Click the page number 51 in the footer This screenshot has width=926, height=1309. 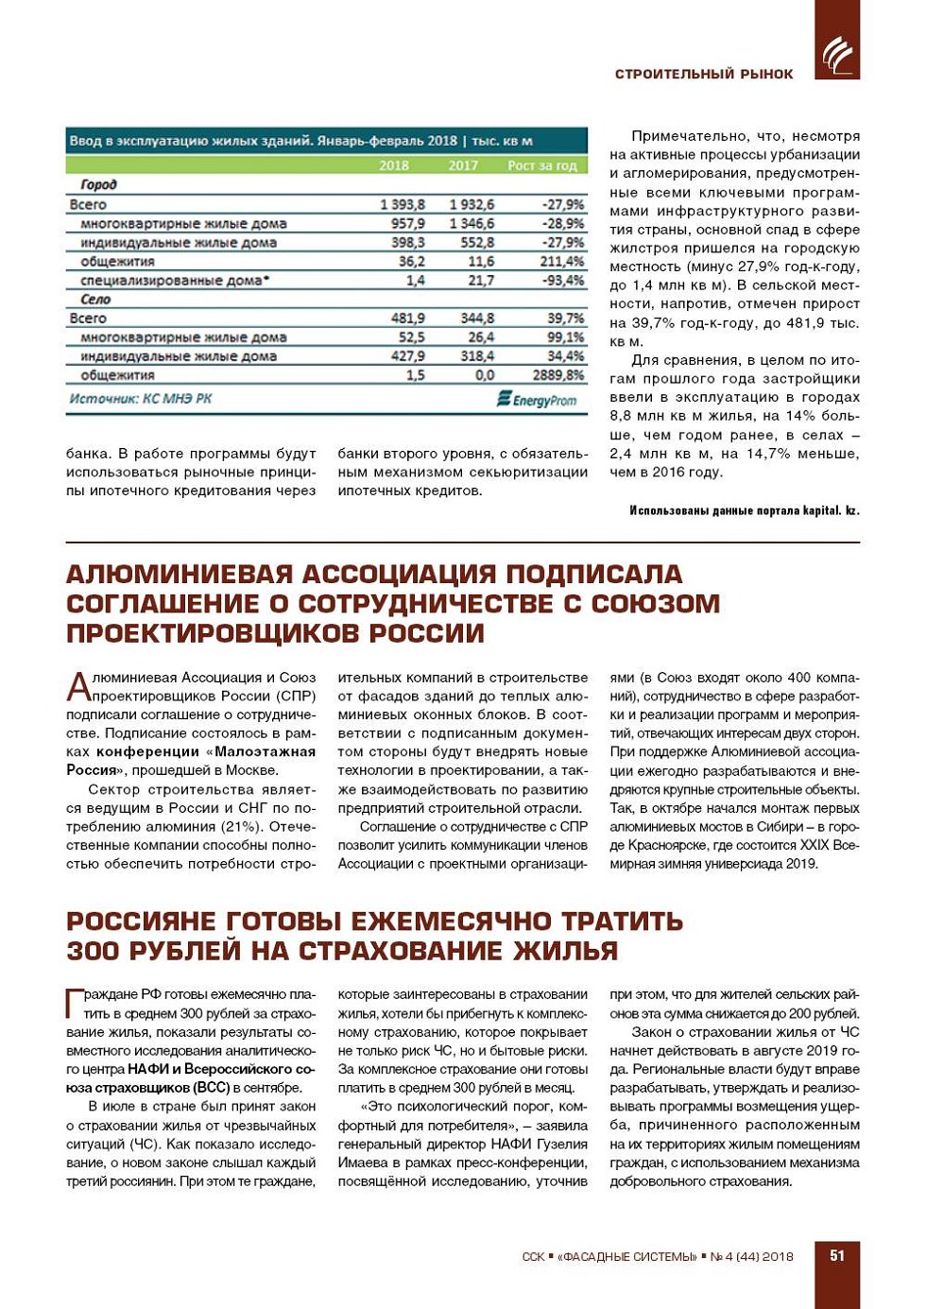(x=836, y=1255)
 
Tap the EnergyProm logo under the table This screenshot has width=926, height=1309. (x=536, y=400)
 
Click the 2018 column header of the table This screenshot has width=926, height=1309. (x=394, y=165)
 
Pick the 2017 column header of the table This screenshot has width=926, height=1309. (x=463, y=165)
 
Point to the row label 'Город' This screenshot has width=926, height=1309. (x=98, y=185)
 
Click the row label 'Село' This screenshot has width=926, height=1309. (x=95, y=300)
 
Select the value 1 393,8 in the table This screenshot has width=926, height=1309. (x=403, y=204)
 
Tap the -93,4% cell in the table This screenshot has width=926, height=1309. (x=563, y=281)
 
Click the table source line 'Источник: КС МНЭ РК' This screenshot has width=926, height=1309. (x=140, y=399)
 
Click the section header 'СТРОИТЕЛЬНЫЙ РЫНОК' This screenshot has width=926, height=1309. (x=704, y=74)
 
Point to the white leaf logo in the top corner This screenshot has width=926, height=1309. (x=836, y=55)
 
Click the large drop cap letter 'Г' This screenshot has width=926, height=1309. (x=75, y=1003)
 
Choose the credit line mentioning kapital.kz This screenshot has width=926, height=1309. (x=745, y=510)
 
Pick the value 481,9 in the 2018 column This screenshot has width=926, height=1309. (x=407, y=319)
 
